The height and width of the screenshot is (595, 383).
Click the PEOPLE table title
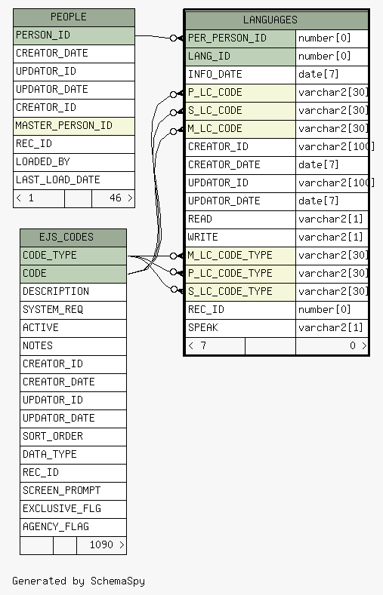(69, 17)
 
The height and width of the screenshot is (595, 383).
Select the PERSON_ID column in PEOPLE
(43, 35)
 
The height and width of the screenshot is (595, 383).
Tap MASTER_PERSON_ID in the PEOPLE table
(63, 125)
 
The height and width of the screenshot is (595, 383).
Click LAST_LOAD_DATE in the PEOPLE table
(57, 179)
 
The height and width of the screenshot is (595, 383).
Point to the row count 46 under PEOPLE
(115, 198)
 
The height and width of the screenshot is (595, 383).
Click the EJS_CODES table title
(66, 237)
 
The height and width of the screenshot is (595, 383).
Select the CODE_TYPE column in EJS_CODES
(49, 255)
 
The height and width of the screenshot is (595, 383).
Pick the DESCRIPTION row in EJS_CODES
(56, 291)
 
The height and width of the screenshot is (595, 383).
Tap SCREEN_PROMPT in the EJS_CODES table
(61, 490)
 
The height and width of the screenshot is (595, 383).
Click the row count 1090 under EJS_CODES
(101, 544)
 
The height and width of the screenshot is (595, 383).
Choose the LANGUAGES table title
(270, 20)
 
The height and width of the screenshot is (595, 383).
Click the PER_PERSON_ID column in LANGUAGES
(227, 38)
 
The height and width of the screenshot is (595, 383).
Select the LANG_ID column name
(209, 56)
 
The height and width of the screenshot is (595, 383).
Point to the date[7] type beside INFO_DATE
(318, 74)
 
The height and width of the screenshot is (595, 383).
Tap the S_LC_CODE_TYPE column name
(230, 291)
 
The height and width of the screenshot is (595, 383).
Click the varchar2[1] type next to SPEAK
(331, 327)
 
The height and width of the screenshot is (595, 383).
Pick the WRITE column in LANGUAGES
(203, 237)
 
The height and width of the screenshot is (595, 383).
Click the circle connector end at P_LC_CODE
(173, 94)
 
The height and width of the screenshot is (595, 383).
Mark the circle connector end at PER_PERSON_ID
(173, 38)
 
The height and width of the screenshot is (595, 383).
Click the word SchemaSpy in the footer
(117, 581)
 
